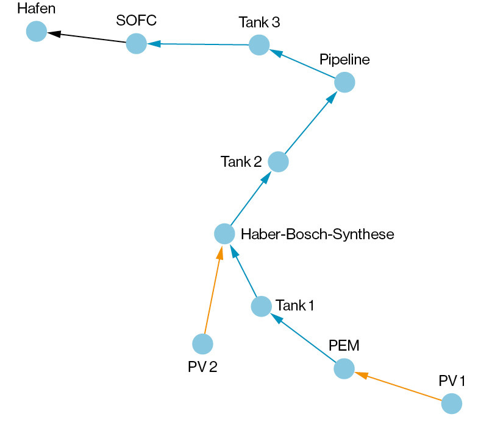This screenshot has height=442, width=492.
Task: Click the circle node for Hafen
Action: click(37, 31)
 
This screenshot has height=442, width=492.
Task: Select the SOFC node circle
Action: click(136, 44)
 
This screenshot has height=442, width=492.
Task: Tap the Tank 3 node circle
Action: click(259, 45)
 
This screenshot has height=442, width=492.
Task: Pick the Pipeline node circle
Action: click(344, 82)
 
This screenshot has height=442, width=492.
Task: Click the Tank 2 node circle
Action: click(278, 162)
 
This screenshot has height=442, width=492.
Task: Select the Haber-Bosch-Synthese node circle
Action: click(224, 234)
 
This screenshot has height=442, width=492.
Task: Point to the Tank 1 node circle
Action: click(261, 306)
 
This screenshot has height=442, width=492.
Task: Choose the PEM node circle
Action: click(344, 368)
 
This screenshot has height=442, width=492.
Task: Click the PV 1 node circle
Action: click(451, 404)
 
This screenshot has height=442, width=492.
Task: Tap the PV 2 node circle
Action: click(202, 344)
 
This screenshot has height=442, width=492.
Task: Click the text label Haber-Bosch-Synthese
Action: click(318, 234)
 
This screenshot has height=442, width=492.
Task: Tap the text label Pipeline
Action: click(344, 60)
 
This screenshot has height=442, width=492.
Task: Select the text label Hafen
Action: click(36, 9)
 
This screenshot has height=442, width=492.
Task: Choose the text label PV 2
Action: click(202, 367)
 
